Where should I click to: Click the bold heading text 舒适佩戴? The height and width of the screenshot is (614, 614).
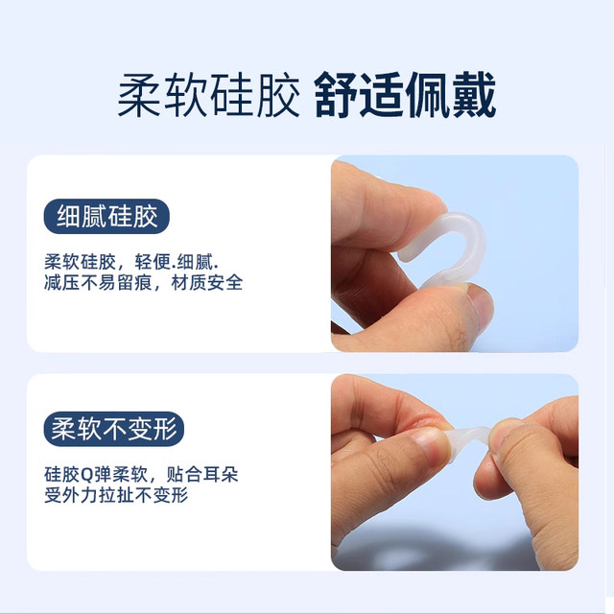pyautogui.click(x=406, y=96)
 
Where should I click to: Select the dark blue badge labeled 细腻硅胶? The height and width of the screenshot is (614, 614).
pyautogui.click(x=106, y=216)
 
